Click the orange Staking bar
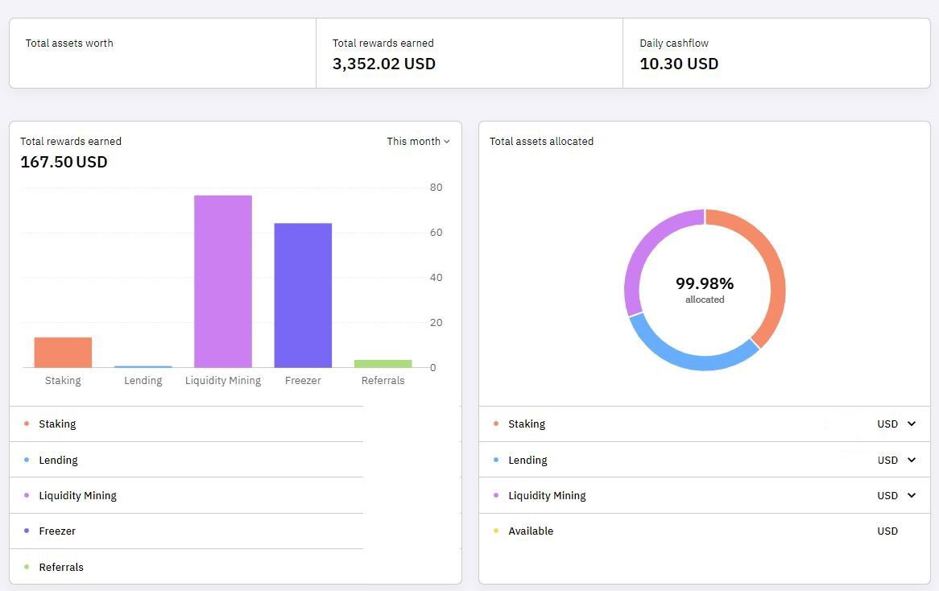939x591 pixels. click(x=63, y=352)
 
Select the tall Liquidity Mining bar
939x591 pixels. click(x=223, y=282)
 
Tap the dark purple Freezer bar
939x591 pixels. click(x=303, y=295)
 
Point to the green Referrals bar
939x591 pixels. click(x=383, y=363)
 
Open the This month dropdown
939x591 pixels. click(x=418, y=142)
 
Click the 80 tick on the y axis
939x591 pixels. click(x=436, y=188)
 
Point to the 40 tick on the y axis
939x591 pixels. click(x=436, y=277)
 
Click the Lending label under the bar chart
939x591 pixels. click(x=143, y=380)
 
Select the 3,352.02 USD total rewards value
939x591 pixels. click(x=384, y=64)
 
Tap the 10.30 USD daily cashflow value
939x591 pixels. click(x=679, y=64)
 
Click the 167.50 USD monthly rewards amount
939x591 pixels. click(x=64, y=162)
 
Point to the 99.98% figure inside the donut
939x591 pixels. click(x=705, y=283)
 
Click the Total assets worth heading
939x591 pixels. click(x=69, y=43)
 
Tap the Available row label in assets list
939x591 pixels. click(x=531, y=531)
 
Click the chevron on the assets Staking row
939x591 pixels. click(x=912, y=424)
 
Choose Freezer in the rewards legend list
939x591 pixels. click(x=57, y=531)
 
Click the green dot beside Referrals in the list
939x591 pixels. click(x=27, y=567)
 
